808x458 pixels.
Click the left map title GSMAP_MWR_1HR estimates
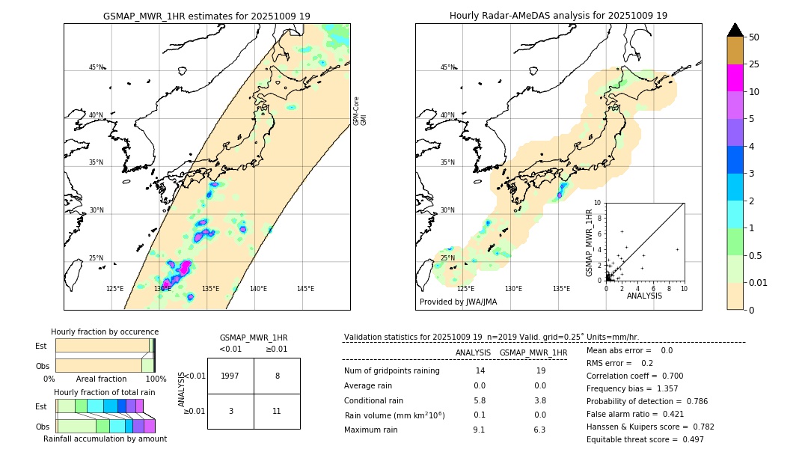pyautogui.click(x=206, y=16)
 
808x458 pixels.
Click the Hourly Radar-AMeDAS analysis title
pyautogui.click(x=558, y=16)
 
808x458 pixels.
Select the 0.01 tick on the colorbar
pyautogui.click(x=759, y=282)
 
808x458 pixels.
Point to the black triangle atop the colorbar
pyautogui.click(x=735, y=30)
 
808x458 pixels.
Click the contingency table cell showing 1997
pyautogui.click(x=230, y=376)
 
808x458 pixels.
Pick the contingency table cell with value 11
pyautogui.click(x=277, y=411)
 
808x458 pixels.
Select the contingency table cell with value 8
pyautogui.click(x=277, y=376)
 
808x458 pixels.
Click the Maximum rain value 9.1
pyautogui.click(x=479, y=430)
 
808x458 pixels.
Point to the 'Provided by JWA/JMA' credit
pyautogui.click(x=458, y=302)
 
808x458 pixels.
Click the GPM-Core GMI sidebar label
pyautogui.click(x=360, y=111)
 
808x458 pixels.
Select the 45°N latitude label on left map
pyautogui.click(x=96, y=67)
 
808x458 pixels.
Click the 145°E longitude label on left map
pyautogui.click(x=305, y=289)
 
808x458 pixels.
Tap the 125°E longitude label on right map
pyautogui.click(x=465, y=289)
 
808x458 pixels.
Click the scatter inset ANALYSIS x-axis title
pyautogui.click(x=644, y=296)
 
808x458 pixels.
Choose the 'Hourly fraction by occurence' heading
pyautogui.click(x=105, y=332)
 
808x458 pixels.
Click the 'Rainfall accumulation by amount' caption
pyautogui.click(x=105, y=439)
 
